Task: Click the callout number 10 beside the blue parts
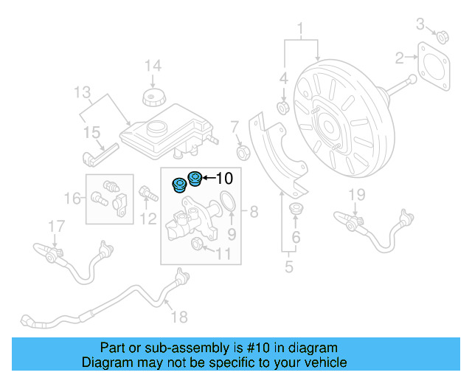point(224,177)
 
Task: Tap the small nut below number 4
point(282,109)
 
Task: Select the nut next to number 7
point(241,152)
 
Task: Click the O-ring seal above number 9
point(229,201)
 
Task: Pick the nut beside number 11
point(198,244)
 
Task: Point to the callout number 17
point(57,224)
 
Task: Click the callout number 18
point(179,317)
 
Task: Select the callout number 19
point(357,195)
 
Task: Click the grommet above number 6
point(296,208)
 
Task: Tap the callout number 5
point(289,267)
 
